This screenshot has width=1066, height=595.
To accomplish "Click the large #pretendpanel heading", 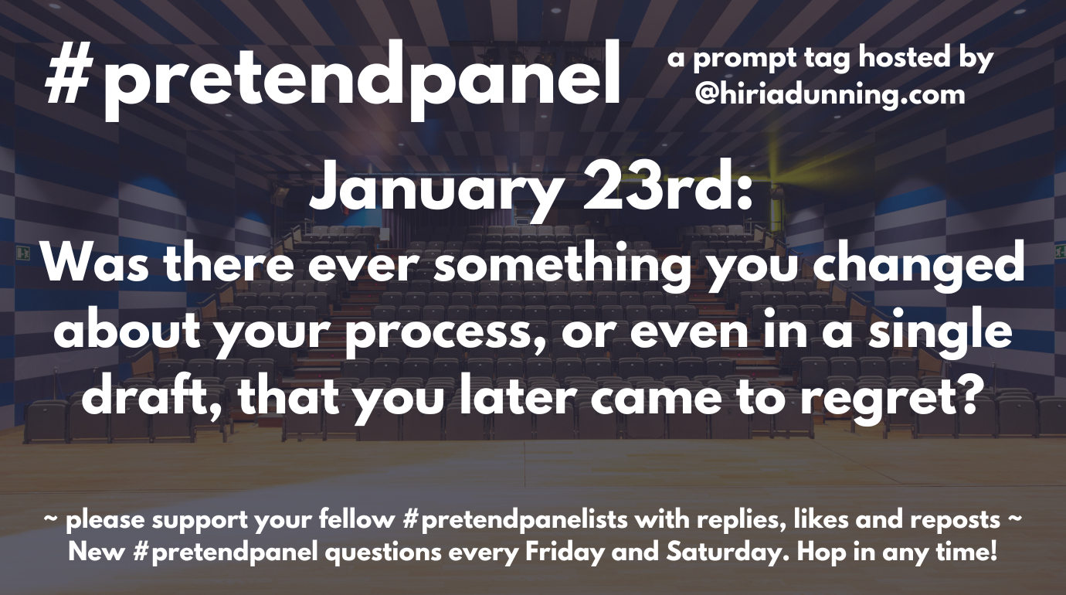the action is (x=333, y=79).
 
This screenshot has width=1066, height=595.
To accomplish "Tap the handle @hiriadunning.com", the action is (x=830, y=95).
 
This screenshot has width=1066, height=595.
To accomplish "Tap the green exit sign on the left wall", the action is (x=22, y=252).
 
